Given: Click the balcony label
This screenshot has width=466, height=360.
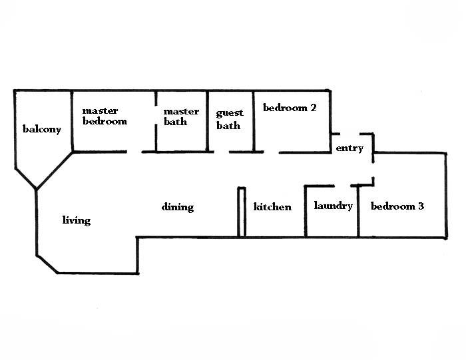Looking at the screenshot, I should (42, 129).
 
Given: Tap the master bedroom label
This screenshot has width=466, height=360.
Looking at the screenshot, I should (105, 116).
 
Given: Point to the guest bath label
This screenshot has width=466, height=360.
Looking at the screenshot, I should (230, 119).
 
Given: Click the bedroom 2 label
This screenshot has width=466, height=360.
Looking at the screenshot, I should (290, 108).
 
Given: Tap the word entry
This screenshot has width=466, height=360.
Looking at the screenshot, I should (349, 148).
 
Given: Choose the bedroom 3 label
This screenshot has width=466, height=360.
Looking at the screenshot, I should (397, 206).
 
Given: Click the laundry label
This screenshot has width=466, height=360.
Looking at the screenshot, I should (333, 206).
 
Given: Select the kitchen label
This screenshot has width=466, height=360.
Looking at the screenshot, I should (272, 207).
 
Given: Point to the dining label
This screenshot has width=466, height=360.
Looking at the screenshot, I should (178, 207).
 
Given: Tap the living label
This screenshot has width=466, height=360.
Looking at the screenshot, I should (77, 220).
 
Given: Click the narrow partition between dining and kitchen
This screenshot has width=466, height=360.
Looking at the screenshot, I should (242, 212).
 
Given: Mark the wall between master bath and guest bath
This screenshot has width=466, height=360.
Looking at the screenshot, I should (207, 121).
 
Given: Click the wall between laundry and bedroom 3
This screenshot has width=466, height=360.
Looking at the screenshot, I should (359, 211).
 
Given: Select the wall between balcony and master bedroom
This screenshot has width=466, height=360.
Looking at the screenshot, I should (71, 121).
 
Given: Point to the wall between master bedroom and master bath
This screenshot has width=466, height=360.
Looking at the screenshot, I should (156, 121).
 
